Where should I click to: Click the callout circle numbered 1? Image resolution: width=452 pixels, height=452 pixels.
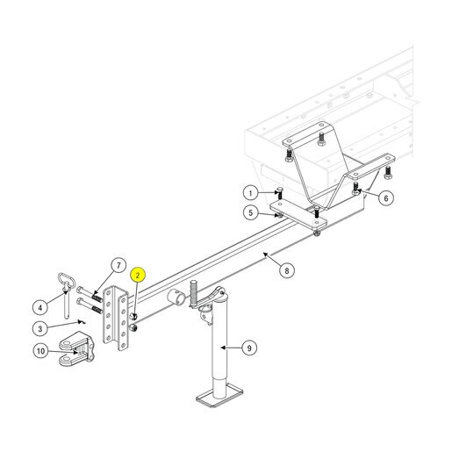click(x=251, y=193)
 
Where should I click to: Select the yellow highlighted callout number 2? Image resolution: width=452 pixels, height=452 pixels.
click(x=138, y=275)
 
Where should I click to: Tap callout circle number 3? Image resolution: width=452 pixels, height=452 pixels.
click(x=40, y=328)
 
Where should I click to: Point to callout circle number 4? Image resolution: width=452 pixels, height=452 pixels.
click(x=40, y=307)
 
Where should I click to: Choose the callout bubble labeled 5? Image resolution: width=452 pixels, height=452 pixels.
click(x=251, y=212)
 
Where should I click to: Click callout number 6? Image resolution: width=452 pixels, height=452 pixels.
click(x=386, y=198)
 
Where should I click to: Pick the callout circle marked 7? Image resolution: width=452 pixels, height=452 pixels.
click(x=118, y=265)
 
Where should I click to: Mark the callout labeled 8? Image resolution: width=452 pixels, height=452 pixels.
click(x=287, y=270)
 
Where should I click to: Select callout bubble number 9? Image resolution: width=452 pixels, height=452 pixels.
click(x=249, y=348)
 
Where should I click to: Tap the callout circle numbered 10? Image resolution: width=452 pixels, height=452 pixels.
click(x=40, y=351)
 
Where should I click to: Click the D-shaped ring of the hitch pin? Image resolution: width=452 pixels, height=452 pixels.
click(x=67, y=280)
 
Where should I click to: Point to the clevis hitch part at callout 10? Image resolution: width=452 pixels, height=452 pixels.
click(x=76, y=349)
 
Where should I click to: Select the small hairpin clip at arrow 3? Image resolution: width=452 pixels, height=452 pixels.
click(x=82, y=322)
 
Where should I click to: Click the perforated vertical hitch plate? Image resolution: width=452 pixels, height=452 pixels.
click(x=116, y=319)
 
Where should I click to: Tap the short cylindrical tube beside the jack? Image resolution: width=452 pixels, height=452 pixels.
click(x=176, y=297)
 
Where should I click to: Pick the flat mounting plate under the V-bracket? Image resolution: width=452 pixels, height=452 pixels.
click(x=298, y=215)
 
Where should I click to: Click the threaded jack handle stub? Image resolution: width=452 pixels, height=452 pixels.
click(x=194, y=293)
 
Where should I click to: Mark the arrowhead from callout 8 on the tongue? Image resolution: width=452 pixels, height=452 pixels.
click(x=265, y=255)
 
